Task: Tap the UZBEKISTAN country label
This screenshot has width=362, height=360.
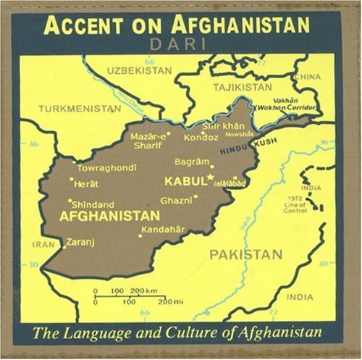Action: point(139,70)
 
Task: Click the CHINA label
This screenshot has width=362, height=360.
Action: point(307,77)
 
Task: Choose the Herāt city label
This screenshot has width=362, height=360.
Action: point(86,184)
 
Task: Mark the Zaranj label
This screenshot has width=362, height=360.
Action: point(80,242)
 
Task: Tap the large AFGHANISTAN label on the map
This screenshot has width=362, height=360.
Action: point(109,216)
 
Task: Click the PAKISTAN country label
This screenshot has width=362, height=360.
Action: point(246,254)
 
